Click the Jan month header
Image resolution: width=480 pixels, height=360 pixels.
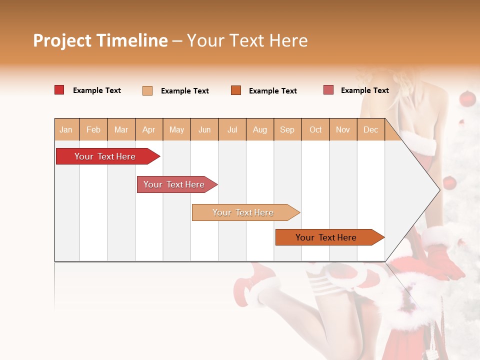[x=66, y=129]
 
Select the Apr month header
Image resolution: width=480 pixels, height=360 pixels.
[x=149, y=129]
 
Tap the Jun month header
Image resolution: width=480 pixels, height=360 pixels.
[x=204, y=129]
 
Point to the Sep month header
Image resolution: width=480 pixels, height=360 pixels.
[x=287, y=129]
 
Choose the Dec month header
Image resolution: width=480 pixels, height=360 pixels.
[x=371, y=129]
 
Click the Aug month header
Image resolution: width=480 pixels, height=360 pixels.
[x=260, y=129]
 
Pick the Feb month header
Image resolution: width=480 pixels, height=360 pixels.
[x=93, y=129]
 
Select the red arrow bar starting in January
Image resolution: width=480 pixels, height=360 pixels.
[x=105, y=156]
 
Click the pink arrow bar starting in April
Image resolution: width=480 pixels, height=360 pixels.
[x=174, y=184]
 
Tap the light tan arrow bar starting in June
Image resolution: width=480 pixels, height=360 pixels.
[x=243, y=212]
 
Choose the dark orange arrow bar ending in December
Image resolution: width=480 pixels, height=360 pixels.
[x=326, y=237]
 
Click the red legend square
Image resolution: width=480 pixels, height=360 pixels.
[x=59, y=90]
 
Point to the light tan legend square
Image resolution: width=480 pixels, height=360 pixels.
[x=147, y=90]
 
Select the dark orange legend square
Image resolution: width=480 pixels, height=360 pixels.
[x=236, y=90]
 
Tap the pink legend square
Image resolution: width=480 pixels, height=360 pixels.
[x=328, y=90]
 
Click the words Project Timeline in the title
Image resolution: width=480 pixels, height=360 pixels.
[x=100, y=40]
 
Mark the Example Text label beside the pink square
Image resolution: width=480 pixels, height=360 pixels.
[x=364, y=90]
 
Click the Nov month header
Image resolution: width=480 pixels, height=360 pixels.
[x=343, y=129]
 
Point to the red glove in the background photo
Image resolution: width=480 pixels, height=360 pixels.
[x=445, y=262]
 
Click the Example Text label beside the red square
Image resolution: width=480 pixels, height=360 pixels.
[x=97, y=90]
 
